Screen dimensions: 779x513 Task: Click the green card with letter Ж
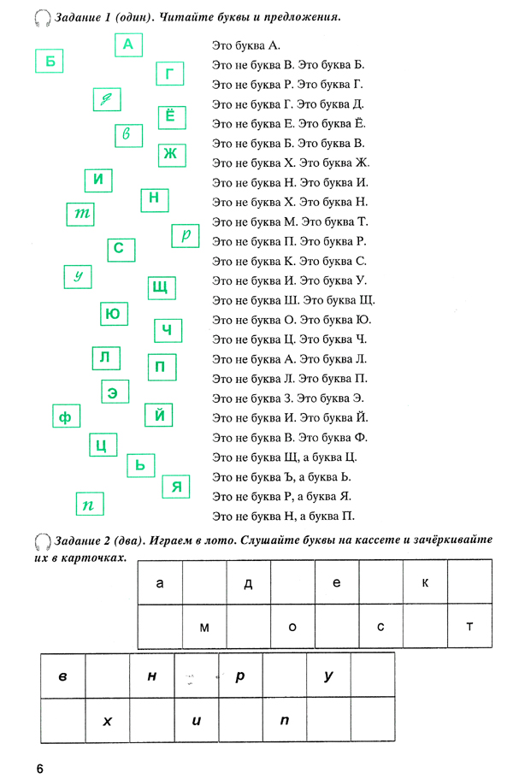point(170,154)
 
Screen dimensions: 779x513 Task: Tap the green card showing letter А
point(128,44)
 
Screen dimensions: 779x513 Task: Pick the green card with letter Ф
point(64,417)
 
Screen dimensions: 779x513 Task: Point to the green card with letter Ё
point(169,117)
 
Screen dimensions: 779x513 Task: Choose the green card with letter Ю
point(112,315)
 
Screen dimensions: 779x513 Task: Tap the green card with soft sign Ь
point(141,465)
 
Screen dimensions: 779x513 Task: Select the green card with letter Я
point(176,487)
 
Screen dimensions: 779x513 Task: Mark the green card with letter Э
point(112,392)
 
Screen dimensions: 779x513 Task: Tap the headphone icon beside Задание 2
point(43,541)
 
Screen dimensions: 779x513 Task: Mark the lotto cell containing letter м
point(204,628)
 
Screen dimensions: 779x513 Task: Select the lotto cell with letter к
point(425,583)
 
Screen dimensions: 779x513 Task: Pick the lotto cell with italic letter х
point(108,721)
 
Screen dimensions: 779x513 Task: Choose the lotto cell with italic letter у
point(328,676)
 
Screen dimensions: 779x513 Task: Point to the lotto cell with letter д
point(248,583)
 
